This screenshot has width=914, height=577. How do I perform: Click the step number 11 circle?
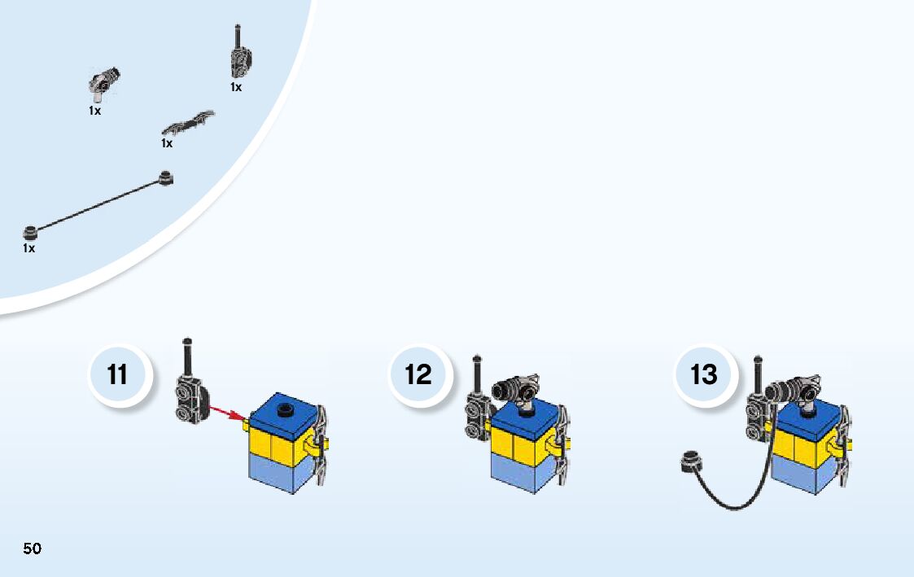point(118,375)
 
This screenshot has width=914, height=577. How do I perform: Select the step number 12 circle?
point(418,375)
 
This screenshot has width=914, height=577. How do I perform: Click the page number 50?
point(33,548)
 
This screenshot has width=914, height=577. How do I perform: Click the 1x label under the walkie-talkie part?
point(236,87)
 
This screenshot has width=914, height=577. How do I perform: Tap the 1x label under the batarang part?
point(167,143)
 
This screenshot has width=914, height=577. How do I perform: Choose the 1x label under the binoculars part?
point(95,111)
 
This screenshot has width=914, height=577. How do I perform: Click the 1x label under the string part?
point(29,248)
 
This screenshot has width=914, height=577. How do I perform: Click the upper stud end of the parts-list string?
point(166,177)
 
